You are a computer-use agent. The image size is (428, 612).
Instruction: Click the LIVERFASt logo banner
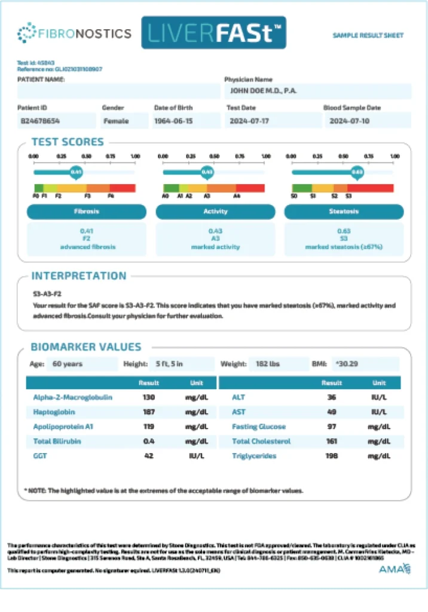tap(213, 33)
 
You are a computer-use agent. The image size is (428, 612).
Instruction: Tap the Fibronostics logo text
tap(84, 33)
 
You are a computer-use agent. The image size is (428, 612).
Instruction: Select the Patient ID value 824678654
tap(41, 121)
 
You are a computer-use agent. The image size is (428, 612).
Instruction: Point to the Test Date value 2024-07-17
tap(249, 121)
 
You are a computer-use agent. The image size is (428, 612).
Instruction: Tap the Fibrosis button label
tap(87, 212)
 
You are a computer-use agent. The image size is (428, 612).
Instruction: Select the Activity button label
tap(215, 212)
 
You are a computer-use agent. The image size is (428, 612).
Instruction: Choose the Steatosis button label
tap(344, 212)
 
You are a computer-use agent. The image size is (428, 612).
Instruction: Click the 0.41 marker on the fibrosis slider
tap(76, 172)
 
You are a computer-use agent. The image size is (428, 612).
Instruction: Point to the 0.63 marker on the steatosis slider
tap(357, 172)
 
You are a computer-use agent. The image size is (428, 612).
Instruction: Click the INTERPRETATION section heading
tap(79, 276)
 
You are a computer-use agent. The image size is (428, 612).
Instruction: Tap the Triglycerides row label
tap(254, 456)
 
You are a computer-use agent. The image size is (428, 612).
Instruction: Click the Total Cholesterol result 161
tap(332, 441)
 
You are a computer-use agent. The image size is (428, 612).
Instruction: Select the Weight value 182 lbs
tap(278, 363)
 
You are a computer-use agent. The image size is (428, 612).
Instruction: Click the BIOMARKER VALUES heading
tap(86, 347)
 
